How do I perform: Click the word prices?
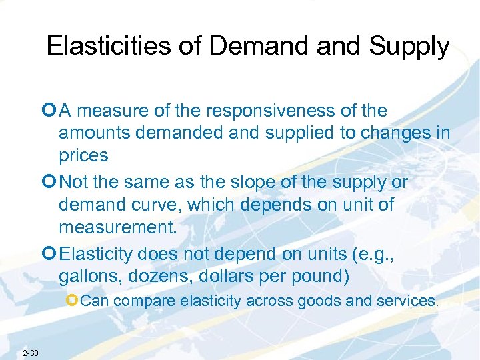(83, 155)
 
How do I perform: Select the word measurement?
(119, 227)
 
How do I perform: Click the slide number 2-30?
(31, 353)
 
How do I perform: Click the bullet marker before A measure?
(51, 111)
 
